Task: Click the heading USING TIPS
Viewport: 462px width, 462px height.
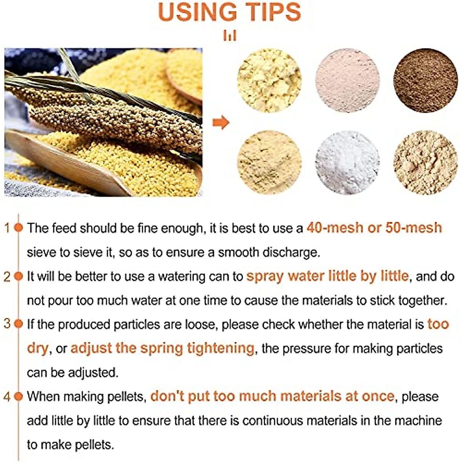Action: click(x=229, y=12)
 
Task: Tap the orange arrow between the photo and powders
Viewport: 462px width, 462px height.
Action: click(x=221, y=123)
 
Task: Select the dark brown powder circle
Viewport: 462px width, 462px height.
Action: click(x=425, y=80)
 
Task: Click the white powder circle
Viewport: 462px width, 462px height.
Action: click(x=347, y=162)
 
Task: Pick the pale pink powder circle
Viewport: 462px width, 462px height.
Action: click(x=347, y=80)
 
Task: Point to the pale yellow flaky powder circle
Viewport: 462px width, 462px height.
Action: click(x=269, y=80)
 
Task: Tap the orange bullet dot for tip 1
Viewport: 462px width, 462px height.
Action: click(x=18, y=228)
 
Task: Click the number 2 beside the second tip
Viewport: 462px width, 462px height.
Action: click(x=7, y=276)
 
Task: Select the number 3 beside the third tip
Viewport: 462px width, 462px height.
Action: click(x=7, y=324)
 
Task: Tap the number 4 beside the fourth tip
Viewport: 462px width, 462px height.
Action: click(x=7, y=397)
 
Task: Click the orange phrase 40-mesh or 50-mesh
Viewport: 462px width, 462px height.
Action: click(x=374, y=228)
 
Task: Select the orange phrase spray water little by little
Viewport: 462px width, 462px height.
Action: click(x=327, y=276)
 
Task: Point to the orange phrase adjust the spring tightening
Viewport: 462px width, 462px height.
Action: click(x=162, y=348)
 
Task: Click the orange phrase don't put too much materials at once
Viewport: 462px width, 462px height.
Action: click(x=272, y=396)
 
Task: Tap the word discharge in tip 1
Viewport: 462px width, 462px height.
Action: click(x=291, y=253)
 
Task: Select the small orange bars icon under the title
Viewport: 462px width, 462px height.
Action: click(x=229, y=36)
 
